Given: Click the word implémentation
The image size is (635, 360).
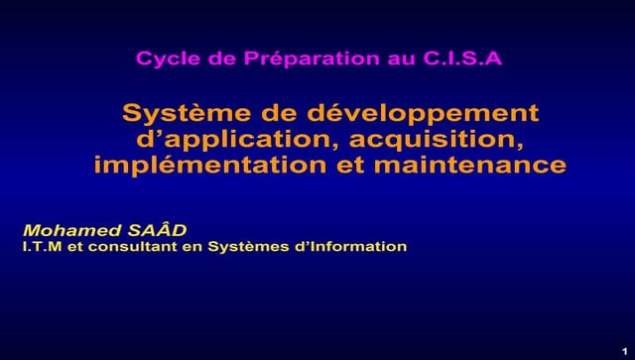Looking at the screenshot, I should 209,165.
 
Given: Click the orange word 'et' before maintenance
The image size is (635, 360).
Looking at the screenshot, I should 350,165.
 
